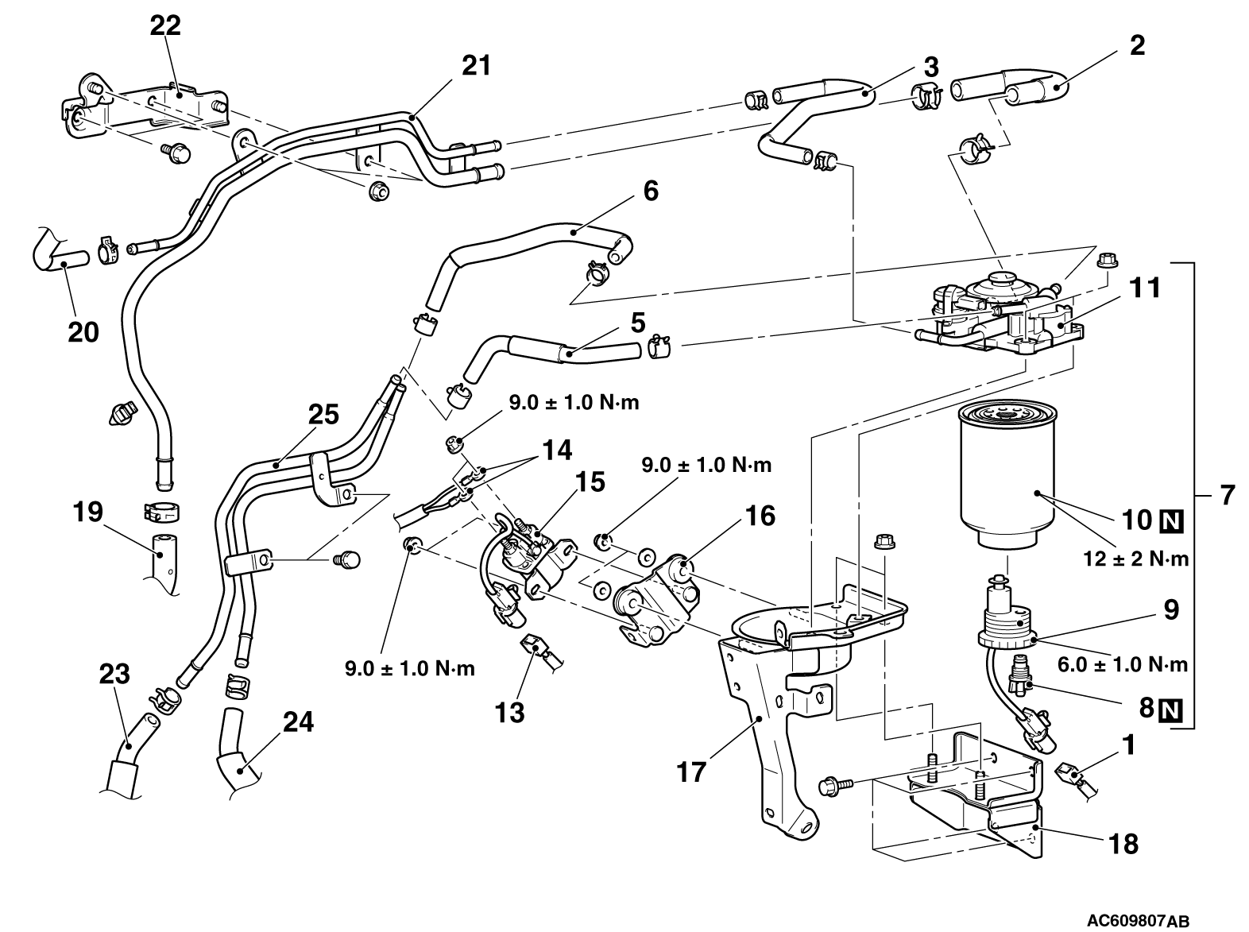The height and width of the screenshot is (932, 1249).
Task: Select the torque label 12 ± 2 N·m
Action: pos(1135,559)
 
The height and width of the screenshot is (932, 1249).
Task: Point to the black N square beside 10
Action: pos(1172,520)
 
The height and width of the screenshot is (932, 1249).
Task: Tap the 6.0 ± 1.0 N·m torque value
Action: pos(1135,664)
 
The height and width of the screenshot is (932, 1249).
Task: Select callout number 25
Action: pos(323,415)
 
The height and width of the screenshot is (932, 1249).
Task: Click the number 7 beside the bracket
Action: pos(1227,495)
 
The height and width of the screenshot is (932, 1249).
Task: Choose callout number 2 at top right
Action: pos(1137,45)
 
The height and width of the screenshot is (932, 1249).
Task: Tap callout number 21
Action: pos(477,65)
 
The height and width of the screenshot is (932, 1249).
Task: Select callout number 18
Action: pos(1126,843)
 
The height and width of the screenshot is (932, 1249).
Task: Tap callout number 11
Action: pos(1145,287)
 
